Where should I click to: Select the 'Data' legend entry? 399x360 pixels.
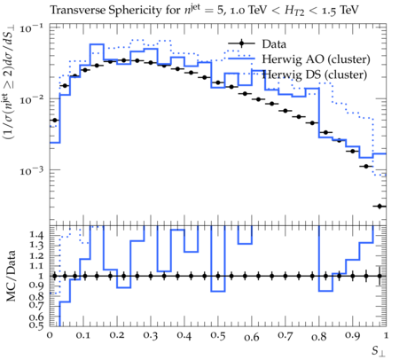pyautogui.click(x=274, y=44)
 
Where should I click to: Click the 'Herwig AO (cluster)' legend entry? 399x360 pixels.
pyautogui.click(x=316, y=59)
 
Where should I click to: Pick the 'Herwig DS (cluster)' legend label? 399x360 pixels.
pyautogui.click(x=315, y=74)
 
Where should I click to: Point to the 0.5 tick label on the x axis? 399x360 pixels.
pyautogui.click(x=218, y=336)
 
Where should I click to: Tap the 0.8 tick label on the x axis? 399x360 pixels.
pyautogui.click(x=319, y=336)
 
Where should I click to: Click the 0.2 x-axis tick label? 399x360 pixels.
pyautogui.click(x=117, y=336)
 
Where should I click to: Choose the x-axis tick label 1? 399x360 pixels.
pyautogui.click(x=386, y=336)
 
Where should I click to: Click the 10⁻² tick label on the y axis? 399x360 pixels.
pyautogui.click(x=32, y=99)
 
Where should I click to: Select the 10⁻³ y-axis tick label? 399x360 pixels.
pyautogui.click(x=32, y=170)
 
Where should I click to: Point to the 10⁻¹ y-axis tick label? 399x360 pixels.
pyautogui.click(x=32, y=28)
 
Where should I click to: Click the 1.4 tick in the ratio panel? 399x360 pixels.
pyautogui.click(x=36, y=235)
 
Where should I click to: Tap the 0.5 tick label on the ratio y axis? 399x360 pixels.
pyautogui.click(x=36, y=325)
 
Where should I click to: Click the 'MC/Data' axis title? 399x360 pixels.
pyautogui.click(x=11, y=276)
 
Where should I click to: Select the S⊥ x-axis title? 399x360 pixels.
pyautogui.click(x=379, y=351)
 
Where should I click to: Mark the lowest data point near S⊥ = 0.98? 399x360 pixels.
pyautogui.click(x=379, y=206)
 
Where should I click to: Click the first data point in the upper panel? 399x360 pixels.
pyautogui.click(x=54, y=120)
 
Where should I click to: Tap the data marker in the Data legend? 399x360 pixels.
pyautogui.click(x=241, y=43)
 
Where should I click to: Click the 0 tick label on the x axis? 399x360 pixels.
pyautogui.click(x=50, y=336)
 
